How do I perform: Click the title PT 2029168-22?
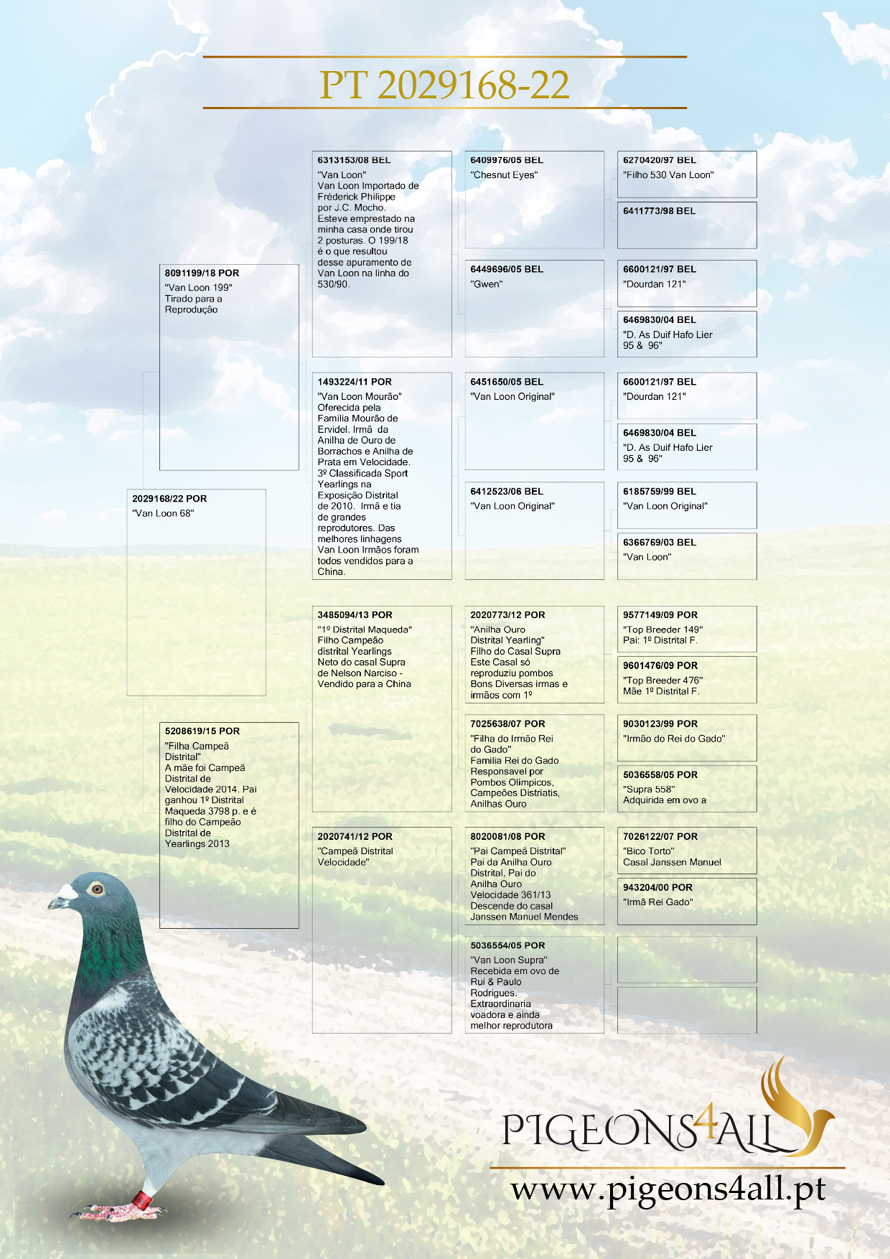pos(444,85)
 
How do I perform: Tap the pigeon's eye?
pos(96,889)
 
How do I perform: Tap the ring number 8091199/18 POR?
pos(202,273)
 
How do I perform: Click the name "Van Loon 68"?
pos(163,513)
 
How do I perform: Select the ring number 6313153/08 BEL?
pos(354,160)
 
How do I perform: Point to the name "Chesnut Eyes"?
pos(504,175)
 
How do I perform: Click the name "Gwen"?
pos(487,284)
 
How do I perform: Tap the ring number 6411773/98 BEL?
pos(659,211)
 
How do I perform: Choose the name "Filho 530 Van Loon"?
pos(668,175)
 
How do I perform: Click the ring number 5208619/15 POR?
pos(202,731)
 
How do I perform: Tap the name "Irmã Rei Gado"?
pos(658,902)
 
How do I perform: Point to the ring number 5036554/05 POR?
pos(507,945)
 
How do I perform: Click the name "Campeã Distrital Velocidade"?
pos(355,856)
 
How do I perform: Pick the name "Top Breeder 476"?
pos(662,680)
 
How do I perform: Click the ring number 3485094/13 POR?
pos(355,615)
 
